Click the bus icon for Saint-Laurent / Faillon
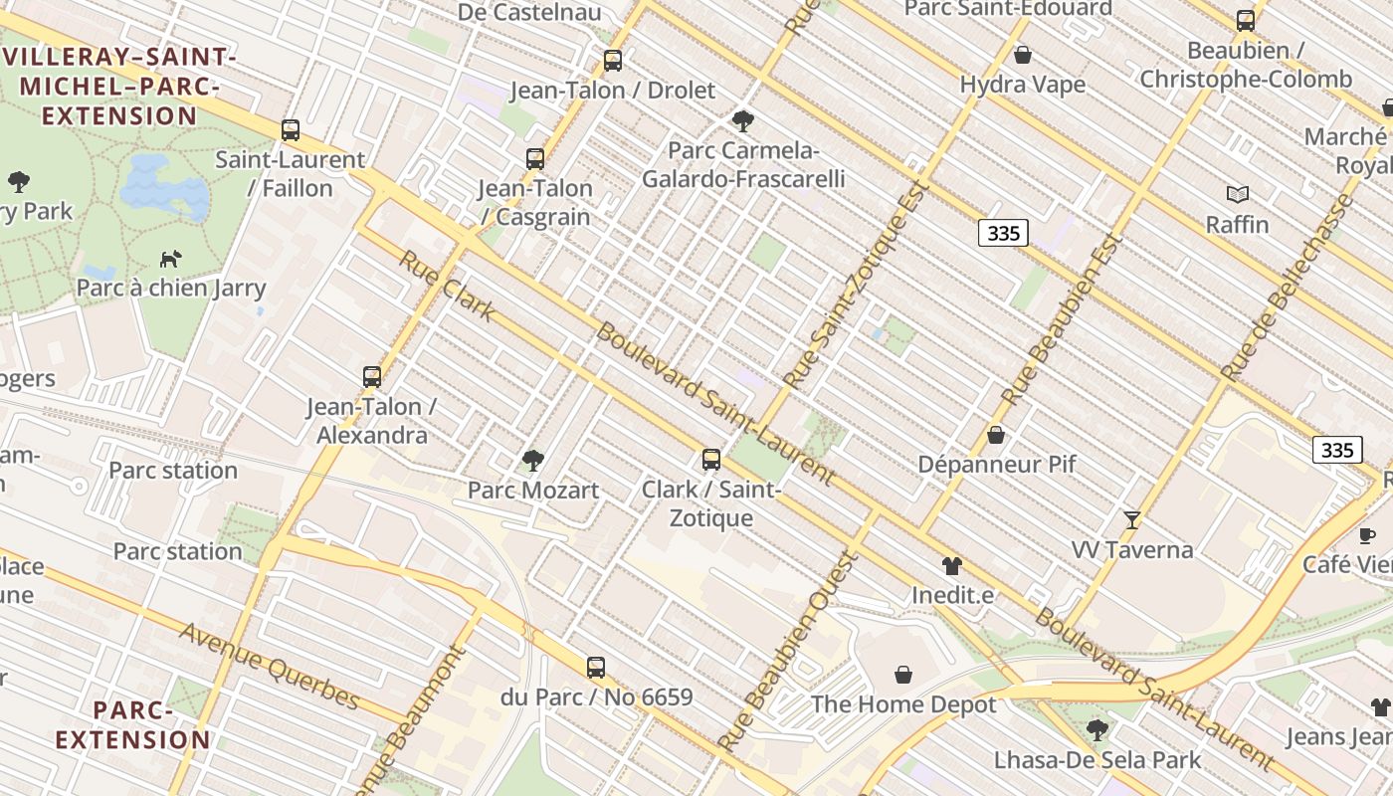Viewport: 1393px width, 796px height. [x=291, y=129]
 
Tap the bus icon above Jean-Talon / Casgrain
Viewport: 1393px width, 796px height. [x=535, y=158]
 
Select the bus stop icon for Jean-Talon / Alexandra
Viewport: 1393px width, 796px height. [x=372, y=377]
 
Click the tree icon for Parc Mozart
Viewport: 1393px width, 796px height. [x=533, y=460]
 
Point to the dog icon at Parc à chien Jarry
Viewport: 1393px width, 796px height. [x=171, y=259]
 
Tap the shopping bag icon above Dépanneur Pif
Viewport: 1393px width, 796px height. [x=996, y=435]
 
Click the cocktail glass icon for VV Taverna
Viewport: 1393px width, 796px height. [x=1132, y=519]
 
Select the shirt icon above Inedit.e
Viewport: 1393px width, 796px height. [x=952, y=566]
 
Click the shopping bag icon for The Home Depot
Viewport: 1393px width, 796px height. [x=903, y=676]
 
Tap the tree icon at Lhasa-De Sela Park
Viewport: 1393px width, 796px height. [x=1097, y=730]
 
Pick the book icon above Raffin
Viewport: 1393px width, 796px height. [x=1238, y=195]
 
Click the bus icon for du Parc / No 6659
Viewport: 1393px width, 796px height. [x=596, y=668]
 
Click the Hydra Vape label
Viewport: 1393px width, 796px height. [x=1023, y=85]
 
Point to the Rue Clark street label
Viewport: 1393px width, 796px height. [x=447, y=286]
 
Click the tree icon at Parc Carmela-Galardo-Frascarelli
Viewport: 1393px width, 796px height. [x=742, y=121]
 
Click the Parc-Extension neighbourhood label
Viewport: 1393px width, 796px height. [x=133, y=725]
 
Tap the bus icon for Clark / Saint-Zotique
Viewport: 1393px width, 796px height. [x=711, y=460]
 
